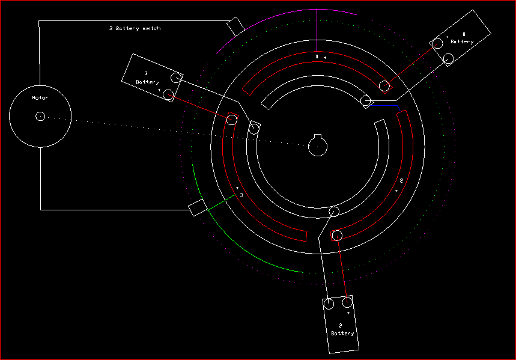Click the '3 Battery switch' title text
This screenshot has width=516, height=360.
click(x=135, y=28)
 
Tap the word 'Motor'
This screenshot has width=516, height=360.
click(x=40, y=97)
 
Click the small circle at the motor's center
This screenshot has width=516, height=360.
click(x=40, y=116)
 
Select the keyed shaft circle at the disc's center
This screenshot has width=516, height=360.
click(x=318, y=145)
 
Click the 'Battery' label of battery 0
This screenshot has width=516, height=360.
click(x=462, y=41)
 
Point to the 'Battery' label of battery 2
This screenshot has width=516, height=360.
click(x=342, y=334)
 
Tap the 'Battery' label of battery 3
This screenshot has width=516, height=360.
click(x=147, y=82)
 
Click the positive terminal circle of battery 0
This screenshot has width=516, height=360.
click(x=437, y=43)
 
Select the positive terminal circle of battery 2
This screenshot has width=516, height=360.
click(x=347, y=302)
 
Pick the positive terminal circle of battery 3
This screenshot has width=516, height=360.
click(x=168, y=95)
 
